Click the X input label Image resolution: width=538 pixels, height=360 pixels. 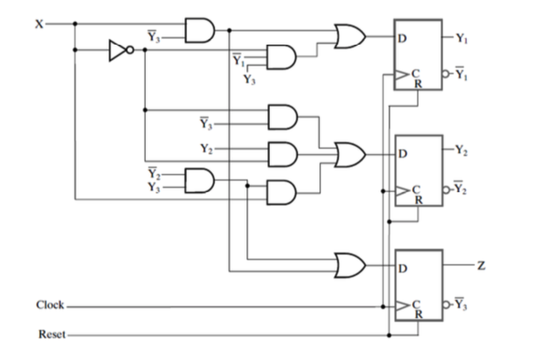(x=38, y=24)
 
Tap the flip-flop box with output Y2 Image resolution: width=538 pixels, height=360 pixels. (x=417, y=170)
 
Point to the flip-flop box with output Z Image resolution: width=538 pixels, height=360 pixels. (x=417, y=283)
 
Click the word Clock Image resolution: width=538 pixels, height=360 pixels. (x=50, y=304)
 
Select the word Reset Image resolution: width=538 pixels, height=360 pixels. (x=50, y=335)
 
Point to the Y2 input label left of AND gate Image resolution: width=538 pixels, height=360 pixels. (x=206, y=148)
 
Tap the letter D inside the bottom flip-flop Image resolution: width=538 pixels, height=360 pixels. (x=400, y=267)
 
